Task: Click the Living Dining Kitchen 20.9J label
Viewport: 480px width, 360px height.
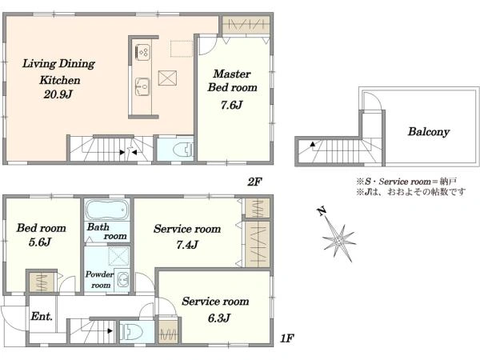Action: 58,79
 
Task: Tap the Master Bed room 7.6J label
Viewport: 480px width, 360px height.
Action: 232,89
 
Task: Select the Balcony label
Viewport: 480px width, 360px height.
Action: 429,132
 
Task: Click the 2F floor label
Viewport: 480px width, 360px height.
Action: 254,182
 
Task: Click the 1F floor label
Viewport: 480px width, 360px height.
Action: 287,338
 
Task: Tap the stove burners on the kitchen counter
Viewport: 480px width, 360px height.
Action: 142,52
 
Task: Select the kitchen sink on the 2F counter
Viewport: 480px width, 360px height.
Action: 142,87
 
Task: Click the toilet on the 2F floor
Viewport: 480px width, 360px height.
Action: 183,150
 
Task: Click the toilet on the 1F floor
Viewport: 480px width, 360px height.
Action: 132,332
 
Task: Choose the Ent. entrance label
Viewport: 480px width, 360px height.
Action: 42,316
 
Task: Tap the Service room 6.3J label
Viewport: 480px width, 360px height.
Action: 215,309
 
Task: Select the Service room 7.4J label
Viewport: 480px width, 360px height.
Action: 187,236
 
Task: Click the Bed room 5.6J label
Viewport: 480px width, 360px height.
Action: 41,234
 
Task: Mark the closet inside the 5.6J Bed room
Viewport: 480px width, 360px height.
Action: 42,282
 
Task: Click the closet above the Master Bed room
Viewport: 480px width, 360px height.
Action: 246,25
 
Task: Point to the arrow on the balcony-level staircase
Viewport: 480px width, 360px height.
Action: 313,144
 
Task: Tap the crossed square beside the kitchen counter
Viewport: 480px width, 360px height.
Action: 167,78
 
